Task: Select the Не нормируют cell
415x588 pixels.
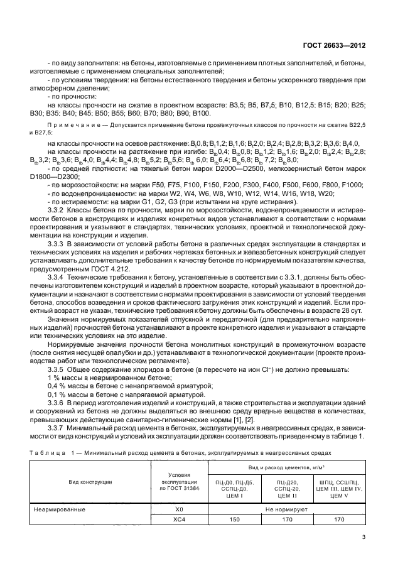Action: click(x=286, y=510)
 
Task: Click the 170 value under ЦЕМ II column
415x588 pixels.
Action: click(x=286, y=520)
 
